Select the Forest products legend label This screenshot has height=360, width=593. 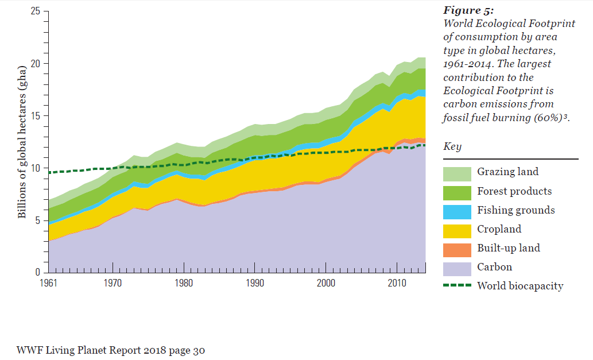tap(514, 191)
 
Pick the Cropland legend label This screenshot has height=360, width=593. tap(499, 229)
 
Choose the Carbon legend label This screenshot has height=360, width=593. tap(494, 267)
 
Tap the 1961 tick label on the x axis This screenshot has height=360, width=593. tap(49, 283)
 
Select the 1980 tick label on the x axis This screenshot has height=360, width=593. tap(184, 283)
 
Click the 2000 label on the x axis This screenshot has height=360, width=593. tap(325, 283)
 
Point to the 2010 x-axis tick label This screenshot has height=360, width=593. tap(396, 283)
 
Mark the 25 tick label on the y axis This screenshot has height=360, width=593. tap(37, 11)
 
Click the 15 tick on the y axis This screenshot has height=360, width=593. tap(37, 116)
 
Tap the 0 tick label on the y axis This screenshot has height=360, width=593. tap(40, 273)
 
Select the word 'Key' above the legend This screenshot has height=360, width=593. tap(452, 147)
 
